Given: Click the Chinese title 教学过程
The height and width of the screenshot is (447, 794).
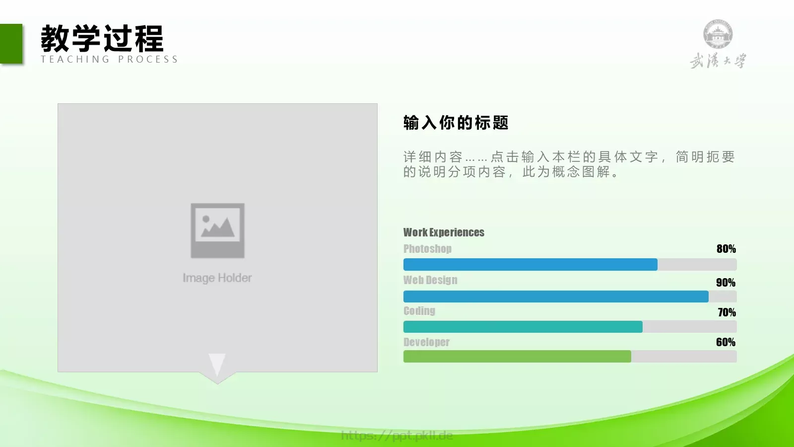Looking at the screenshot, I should click(x=102, y=38).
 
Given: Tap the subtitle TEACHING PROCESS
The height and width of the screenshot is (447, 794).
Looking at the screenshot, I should click(x=109, y=60).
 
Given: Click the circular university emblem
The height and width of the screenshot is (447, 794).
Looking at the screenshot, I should click(x=718, y=34).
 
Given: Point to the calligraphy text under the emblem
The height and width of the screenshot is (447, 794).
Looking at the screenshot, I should click(x=718, y=61).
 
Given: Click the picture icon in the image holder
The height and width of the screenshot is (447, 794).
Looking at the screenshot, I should click(x=217, y=230).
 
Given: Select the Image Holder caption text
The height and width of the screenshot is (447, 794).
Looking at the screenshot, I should click(x=217, y=278).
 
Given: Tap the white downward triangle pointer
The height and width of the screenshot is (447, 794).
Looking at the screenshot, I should click(x=217, y=364).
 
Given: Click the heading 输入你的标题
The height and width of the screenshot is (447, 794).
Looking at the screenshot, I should click(x=456, y=123).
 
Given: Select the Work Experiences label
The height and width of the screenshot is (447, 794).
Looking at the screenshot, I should click(x=444, y=232).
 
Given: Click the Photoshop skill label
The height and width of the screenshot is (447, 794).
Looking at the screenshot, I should click(x=427, y=249).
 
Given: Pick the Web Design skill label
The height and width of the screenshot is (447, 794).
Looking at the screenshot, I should click(x=430, y=280).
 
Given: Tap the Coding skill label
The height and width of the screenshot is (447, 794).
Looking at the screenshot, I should click(x=419, y=311).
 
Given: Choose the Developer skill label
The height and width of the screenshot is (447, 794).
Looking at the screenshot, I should click(x=426, y=342).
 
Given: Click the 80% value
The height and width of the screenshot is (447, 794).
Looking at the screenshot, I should click(x=726, y=249).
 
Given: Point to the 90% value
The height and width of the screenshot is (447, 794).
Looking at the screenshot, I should click(x=726, y=283).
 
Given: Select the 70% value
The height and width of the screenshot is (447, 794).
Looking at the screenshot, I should click(x=727, y=312).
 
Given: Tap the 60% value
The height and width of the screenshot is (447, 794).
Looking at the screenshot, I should click(x=726, y=342).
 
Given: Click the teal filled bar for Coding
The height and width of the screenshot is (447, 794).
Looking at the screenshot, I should click(x=523, y=327).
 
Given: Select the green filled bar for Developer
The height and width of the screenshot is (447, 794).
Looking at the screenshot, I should click(x=517, y=357).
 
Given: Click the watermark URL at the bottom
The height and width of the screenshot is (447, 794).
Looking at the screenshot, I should click(x=397, y=436).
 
